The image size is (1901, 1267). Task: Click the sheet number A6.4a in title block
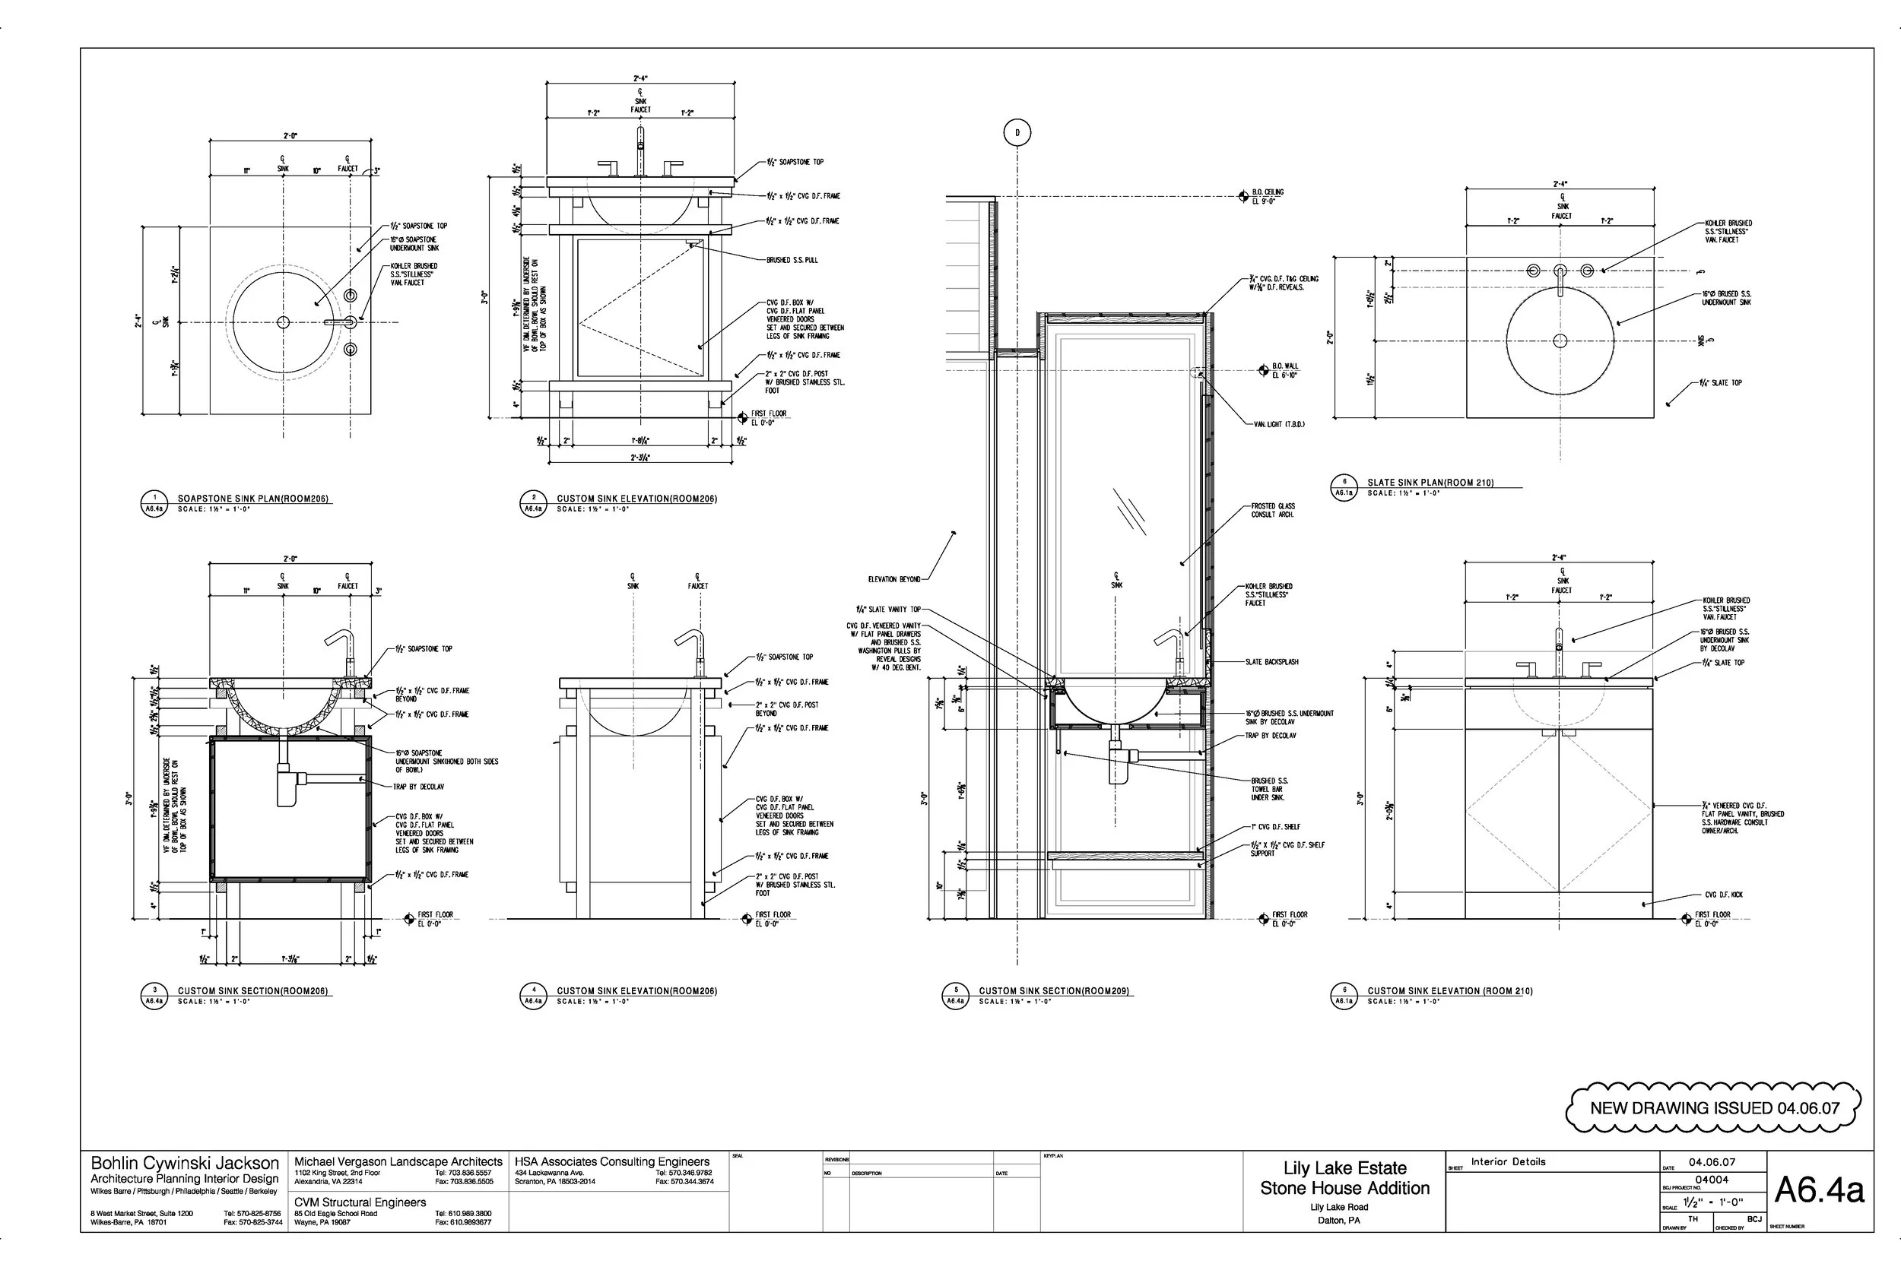pos(1820,1190)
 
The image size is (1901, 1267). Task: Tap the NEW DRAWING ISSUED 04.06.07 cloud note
pos(1712,1108)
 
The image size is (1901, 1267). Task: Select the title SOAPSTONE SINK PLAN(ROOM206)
pos(253,499)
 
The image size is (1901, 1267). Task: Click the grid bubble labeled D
pos(1017,132)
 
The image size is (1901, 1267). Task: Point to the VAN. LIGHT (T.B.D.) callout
pos(1279,424)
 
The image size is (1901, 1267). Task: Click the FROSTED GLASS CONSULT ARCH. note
pos(1272,510)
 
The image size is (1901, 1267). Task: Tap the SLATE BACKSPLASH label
pos(1271,662)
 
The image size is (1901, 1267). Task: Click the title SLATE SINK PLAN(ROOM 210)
pos(1430,483)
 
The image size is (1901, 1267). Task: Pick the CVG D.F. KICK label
pos(1723,895)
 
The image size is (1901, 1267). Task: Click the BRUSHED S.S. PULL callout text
pos(792,260)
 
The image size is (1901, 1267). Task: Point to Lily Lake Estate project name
pos(1344,1167)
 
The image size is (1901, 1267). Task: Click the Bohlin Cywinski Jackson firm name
pos(184,1164)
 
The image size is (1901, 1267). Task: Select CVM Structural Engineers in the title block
pos(360,1202)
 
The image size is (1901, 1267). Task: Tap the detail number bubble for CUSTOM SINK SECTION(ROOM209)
pos(955,996)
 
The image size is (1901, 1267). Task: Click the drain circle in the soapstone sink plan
pos(283,322)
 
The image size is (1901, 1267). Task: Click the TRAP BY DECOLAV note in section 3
pos(419,786)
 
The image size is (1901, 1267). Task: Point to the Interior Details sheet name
pos(1507,1162)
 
